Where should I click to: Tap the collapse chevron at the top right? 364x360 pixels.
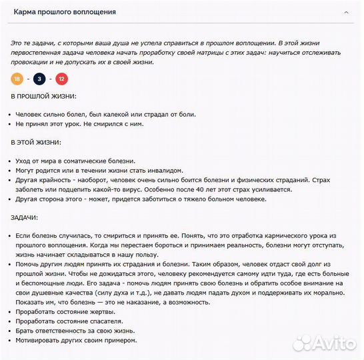click(345, 12)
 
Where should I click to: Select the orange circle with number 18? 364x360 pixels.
click(17, 79)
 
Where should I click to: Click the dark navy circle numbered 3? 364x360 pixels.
click(39, 79)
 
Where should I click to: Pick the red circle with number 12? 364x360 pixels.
click(61, 79)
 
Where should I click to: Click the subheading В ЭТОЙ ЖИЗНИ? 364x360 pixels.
click(36, 143)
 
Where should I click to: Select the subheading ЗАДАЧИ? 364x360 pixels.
click(24, 217)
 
